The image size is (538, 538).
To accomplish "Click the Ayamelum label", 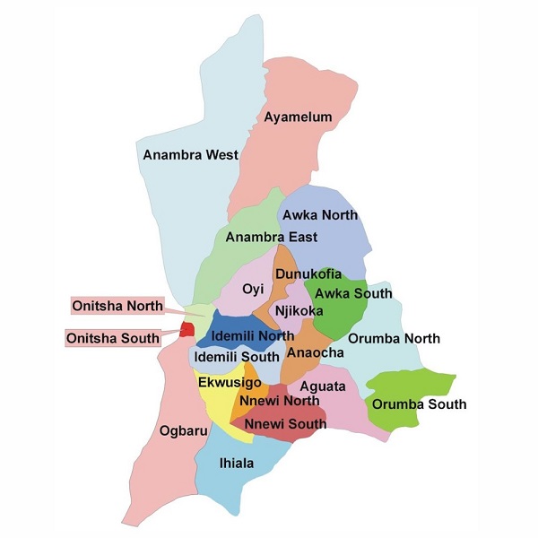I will (x=298, y=117).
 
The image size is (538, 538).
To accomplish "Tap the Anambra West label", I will (x=191, y=155).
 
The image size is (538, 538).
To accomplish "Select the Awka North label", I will (x=320, y=215).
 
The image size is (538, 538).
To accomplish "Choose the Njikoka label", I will (x=299, y=311).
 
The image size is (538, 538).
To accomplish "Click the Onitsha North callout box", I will (x=118, y=306).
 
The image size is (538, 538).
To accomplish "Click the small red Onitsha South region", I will (x=187, y=329).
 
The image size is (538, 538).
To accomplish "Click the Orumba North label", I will (x=394, y=338).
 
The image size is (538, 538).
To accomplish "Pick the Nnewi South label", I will (x=282, y=422).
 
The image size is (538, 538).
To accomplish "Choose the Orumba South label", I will (x=419, y=404).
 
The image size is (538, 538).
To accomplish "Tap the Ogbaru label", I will (x=178, y=431).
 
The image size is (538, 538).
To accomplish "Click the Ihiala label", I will (x=237, y=464).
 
